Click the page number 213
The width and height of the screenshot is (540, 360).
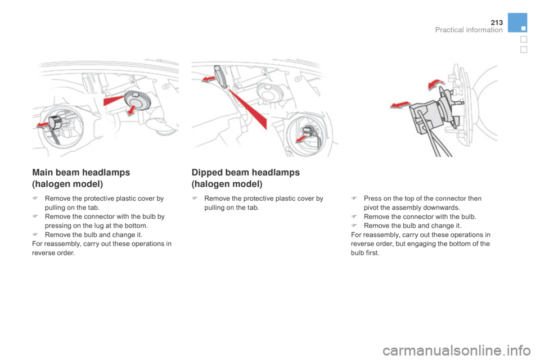pos(497,22)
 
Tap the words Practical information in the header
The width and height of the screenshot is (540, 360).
pos(469,30)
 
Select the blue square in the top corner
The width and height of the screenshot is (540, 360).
pos(517,22)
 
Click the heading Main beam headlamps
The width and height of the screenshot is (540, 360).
pos(81,172)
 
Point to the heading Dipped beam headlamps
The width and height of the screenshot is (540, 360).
pos(246,172)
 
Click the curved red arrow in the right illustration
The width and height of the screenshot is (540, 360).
pos(435,84)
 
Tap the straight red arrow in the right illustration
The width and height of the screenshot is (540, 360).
pos(400,105)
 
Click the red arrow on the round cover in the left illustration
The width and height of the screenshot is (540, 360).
pos(131,110)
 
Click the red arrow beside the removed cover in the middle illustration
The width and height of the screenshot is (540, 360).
pos(209,79)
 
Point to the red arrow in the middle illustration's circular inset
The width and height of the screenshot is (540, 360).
pos(301,138)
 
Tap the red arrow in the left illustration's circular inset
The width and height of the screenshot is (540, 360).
pos(43,125)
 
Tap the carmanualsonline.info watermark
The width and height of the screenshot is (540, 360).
pos(457,350)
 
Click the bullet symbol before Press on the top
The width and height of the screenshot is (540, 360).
pos(354,199)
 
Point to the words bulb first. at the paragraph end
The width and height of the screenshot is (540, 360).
pos(365,253)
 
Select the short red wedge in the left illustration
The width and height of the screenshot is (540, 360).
pos(114,100)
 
